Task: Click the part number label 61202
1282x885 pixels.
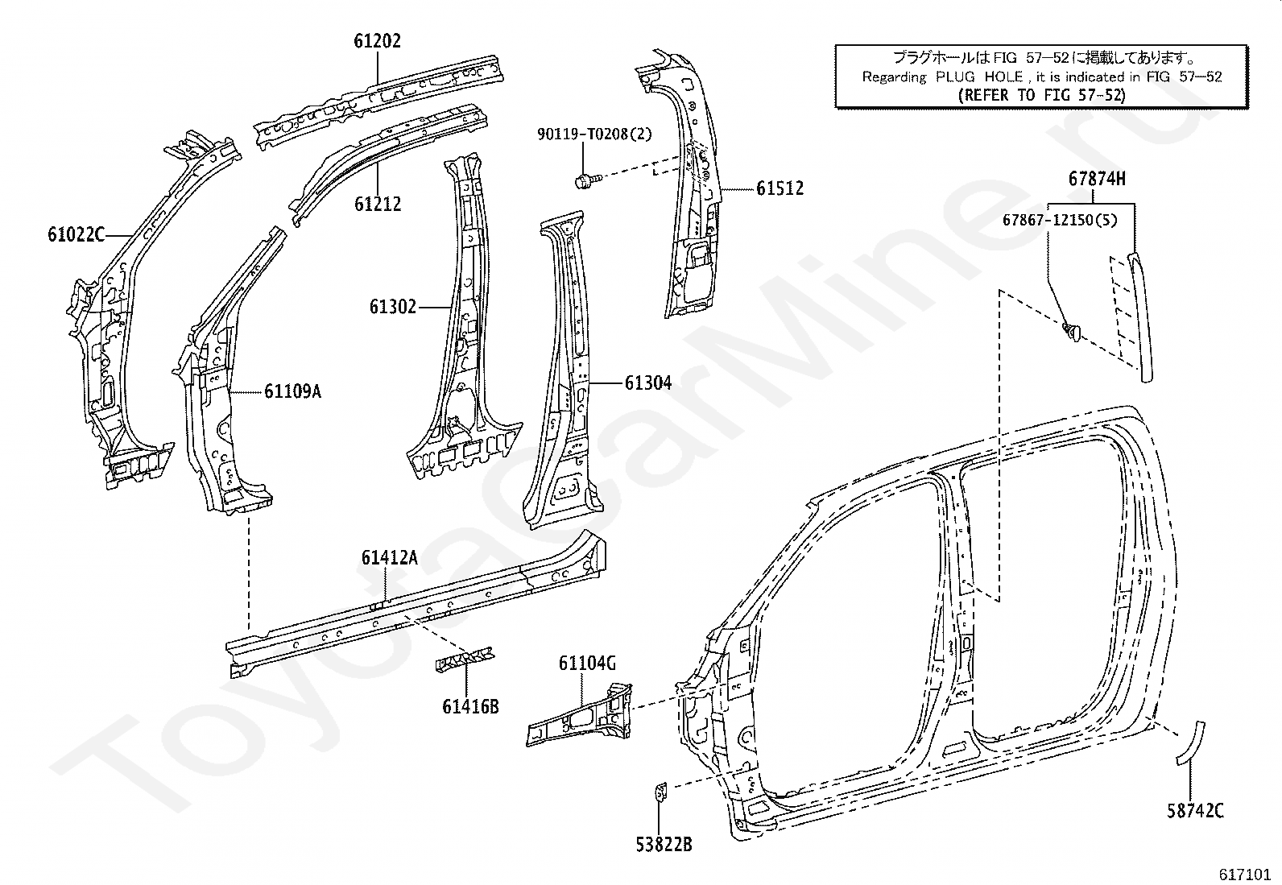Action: [x=377, y=41]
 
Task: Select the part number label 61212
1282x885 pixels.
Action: [x=378, y=204]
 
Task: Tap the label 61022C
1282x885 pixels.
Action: [x=77, y=234]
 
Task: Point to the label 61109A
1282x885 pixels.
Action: [x=292, y=391]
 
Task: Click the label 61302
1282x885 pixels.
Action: [x=393, y=307]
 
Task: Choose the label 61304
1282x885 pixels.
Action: [x=648, y=383]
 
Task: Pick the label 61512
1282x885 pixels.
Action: [x=780, y=188]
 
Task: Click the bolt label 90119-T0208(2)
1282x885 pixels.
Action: [x=594, y=134]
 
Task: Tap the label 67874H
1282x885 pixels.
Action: [x=1097, y=180]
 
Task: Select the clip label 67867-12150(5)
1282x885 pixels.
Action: [x=1060, y=221]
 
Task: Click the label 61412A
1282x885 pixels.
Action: [x=389, y=557]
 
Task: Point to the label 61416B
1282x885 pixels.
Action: [x=470, y=707]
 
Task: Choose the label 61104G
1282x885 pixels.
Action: [x=587, y=664]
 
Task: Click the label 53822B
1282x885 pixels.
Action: [x=664, y=845]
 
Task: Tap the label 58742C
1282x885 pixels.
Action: [x=1196, y=811]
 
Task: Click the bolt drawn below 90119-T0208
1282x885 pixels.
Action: [x=587, y=181]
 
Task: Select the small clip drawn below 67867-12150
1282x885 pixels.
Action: [x=1071, y=332]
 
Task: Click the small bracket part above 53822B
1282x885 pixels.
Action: [x=661, y=792]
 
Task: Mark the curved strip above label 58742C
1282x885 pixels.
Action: [x=1190, y=743]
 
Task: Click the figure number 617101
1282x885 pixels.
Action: [x=1244, y=874]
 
